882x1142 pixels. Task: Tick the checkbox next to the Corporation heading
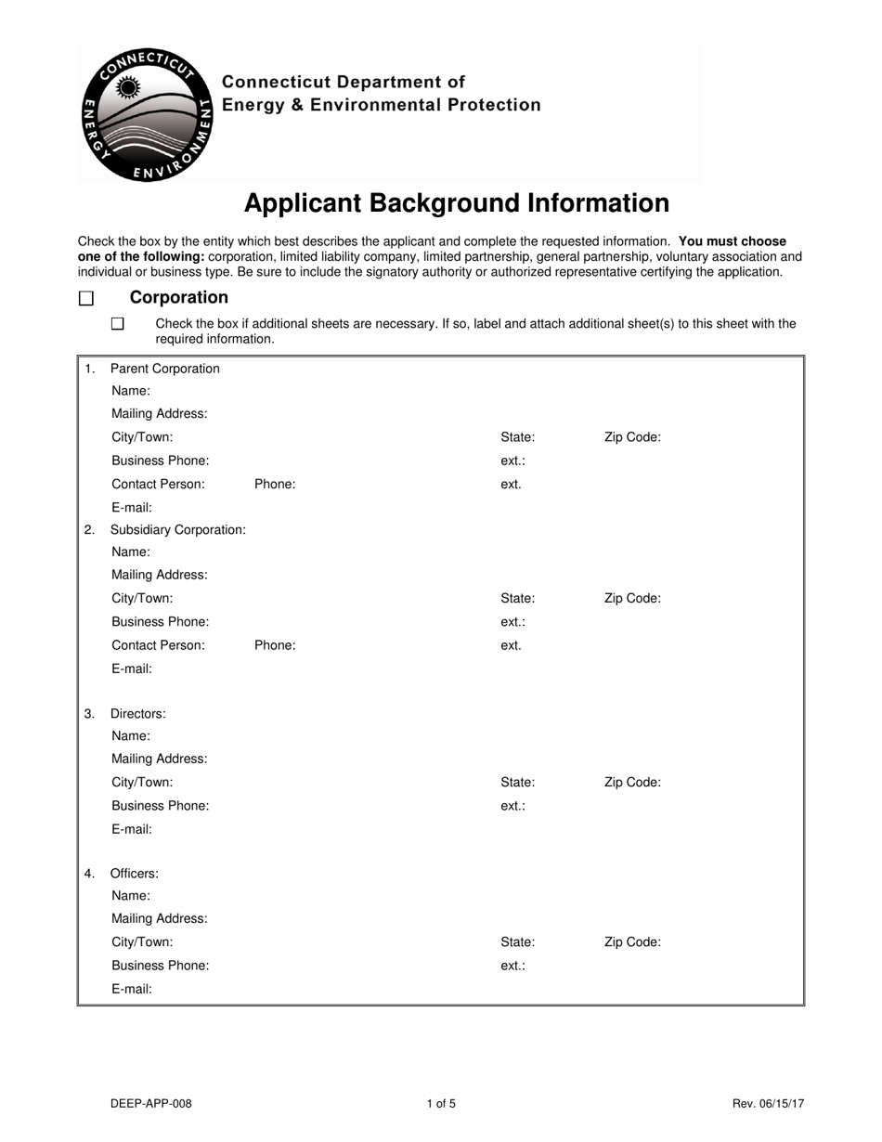point(86,298)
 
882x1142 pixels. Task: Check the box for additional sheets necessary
point(117,324)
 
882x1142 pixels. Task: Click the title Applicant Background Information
point(456,203)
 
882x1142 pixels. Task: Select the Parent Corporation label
point(164,369)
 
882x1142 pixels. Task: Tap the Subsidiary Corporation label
point(177,529)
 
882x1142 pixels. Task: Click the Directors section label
point(137,714)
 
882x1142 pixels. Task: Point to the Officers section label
point(134,874)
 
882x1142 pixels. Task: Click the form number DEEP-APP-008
point(151,1104)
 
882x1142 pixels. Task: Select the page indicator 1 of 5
point(441,1104)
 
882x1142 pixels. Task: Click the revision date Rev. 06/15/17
point(768,1104)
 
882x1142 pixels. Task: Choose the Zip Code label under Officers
point(632,942)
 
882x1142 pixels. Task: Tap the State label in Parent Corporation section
point(517,437)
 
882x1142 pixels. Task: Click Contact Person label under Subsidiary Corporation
point(158,645)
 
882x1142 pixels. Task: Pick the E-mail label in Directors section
point(131,829)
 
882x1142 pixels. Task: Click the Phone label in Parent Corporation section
point(275,484)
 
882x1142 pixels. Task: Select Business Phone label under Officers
point(160,966)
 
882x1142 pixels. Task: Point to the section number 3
point(89,714)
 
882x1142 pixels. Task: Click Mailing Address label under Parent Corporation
point(159,414)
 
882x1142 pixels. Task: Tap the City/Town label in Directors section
point(142,783)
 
